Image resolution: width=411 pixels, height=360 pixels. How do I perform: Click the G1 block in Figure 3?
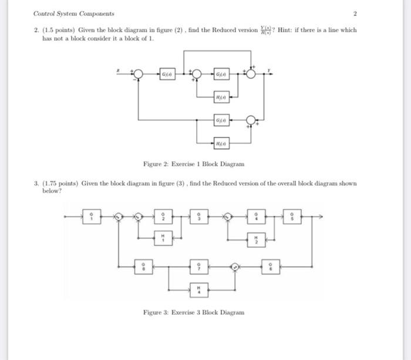click(x=90, y=217)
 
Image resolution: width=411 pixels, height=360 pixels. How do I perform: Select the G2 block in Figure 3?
click(x=164, y=217)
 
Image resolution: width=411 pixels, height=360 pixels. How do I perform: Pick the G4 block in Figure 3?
click(x=255, y=217)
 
